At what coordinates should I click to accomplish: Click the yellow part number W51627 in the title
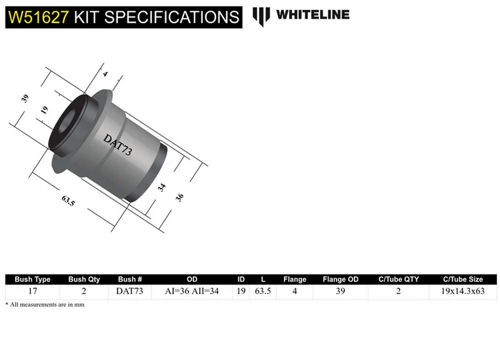(x=37, y=16)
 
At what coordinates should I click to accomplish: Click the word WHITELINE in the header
(x=313, y=15)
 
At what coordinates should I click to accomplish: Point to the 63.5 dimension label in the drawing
(x=69, y=200)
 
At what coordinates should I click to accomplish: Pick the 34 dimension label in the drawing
(x=162, y=188)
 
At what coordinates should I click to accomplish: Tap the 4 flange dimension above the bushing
(x=105, y=74)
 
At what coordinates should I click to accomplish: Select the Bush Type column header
(x=32, y=280)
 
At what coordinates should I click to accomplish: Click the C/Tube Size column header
(x=463, y=280)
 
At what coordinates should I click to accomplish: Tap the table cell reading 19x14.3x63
(x=463, y=291)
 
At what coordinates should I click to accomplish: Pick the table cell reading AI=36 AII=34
(x=192, y=291)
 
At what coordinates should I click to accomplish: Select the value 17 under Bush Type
(x=32, y=291)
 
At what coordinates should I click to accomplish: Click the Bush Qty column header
(x=84, y=280)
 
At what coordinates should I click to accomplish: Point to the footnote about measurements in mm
(x=44, y=304)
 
